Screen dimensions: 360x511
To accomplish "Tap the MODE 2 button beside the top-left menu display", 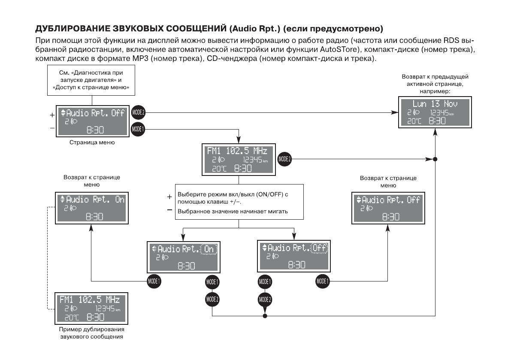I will pyautogui.click(x=138, y=113).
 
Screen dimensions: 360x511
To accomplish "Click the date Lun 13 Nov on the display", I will pyautogui.click(x=435, y=104).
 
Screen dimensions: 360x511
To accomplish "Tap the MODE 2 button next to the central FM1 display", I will pyautogui.click(x=284, y=159).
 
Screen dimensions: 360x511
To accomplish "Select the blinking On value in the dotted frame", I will pyautogui.click(x=209, y=249).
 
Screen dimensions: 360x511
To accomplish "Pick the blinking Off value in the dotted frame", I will pyautogui.click(x=319, y=248).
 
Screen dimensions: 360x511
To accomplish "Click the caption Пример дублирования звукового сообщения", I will pyautogui.click(x=92, y=333).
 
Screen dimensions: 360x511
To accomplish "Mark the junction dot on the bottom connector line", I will pyautogui.click(x=265, y=317).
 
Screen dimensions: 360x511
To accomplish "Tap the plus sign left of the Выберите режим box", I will pyautogui.click(x=169, y=197).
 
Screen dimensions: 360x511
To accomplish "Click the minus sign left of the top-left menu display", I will pyautogui.click(x=52, y=128).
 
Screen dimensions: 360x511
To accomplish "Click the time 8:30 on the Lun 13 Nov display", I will pyautogui.click(x=437, y=121).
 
